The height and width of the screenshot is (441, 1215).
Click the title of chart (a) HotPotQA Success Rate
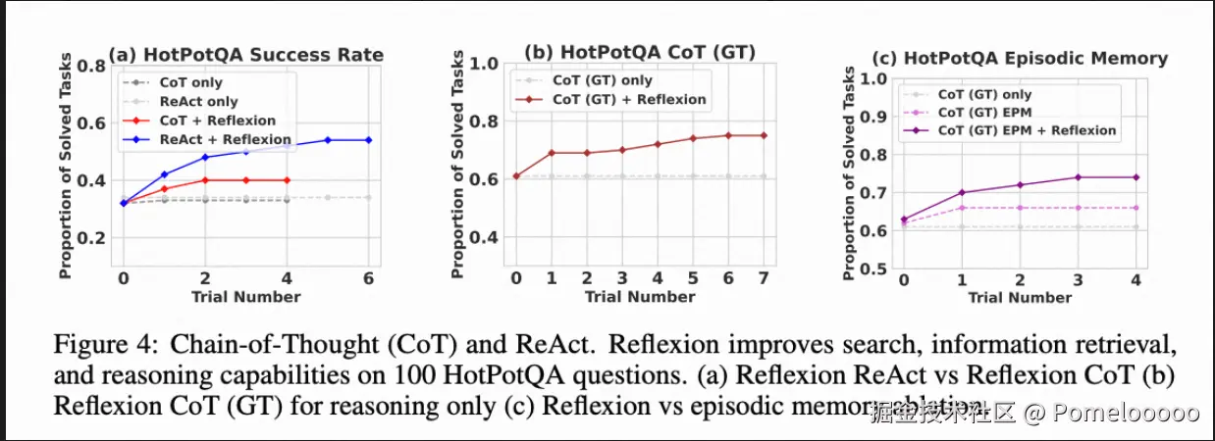(245, 54)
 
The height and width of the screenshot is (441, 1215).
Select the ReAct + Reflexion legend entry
(225, 140)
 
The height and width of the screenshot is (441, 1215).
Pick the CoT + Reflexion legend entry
(217, 121)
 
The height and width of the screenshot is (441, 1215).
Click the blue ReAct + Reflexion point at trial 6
(368, 140)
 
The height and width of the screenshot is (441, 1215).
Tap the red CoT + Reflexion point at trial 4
(286, 180)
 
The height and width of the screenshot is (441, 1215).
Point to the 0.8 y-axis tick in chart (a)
(92, 66)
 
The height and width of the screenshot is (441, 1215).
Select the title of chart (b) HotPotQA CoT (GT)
(640, 52)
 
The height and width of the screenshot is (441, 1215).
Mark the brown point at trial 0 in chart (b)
(516, 176)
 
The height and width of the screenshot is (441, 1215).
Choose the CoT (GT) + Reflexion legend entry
(628, 99)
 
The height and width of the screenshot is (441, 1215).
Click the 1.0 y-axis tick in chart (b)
(485, 64)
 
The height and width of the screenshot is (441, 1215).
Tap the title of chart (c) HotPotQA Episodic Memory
(1021, 58)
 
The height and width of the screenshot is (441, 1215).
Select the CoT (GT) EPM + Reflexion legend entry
(1027, 129)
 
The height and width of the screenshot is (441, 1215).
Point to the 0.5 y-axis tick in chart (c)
(876, 269)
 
